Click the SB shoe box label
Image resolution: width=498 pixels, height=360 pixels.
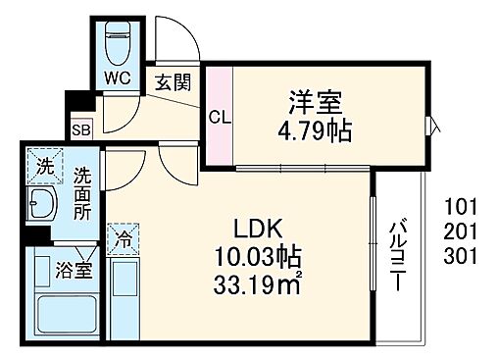tap(79, 128)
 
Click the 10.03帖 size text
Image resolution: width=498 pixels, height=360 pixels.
tap(258, 258)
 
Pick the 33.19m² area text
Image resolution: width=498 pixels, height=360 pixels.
tap(258, 288)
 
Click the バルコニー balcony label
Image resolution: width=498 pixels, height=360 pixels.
tap(399, 251)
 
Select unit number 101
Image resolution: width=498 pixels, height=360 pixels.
tap(460, 207)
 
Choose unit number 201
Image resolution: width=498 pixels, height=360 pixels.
tap(460, 232)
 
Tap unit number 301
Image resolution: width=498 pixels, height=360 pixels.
tap(460, 257)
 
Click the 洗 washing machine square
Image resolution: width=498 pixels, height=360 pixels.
tap(43, 168)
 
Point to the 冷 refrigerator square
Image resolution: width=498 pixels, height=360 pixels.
tap(124, 237)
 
